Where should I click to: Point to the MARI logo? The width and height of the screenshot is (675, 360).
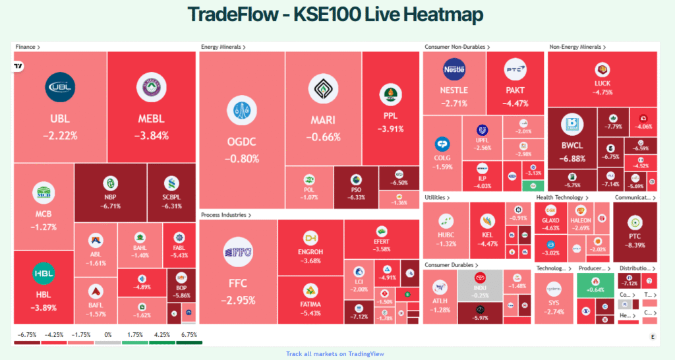pos(323,90)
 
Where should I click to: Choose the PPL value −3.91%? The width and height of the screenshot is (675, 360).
pos(390,129)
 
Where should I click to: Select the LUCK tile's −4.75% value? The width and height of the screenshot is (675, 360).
pos(602,92)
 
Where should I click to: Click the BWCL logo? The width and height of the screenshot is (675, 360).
pos(572,125)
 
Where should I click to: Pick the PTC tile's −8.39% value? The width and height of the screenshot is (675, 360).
pos(635,245)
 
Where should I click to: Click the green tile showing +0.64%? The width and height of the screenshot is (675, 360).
pos(595,289)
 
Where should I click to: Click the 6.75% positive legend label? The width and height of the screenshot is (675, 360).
pos(189,334)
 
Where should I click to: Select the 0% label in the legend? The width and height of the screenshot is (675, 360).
pos(107,334)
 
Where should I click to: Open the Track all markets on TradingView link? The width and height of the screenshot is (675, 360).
pos(335,353)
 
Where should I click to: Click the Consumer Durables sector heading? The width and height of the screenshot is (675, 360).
pos(448,265)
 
